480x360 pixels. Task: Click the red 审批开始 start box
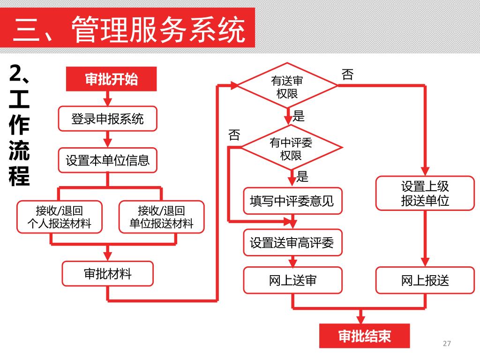pos(111,79)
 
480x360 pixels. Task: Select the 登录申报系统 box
pos(107,119)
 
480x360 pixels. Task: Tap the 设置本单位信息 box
pos(107,160)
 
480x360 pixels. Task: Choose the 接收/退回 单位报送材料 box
pos(161,217)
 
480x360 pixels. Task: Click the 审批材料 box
pos(107,273)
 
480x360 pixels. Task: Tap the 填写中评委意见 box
pos(292,201)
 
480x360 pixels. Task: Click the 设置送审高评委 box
pos(292,242)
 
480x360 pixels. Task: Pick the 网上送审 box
pos(292,280)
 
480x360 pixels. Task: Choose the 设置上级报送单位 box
pos(425,193)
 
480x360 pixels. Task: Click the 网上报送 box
pos(425,280)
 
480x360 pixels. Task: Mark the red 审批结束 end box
pos(364,336)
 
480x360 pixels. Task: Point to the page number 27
pos(446,344)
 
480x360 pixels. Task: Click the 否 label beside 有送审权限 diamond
pos(347,75)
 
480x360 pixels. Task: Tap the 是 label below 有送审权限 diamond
pos(299,116)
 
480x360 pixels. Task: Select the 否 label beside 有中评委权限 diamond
pos(234,135)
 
